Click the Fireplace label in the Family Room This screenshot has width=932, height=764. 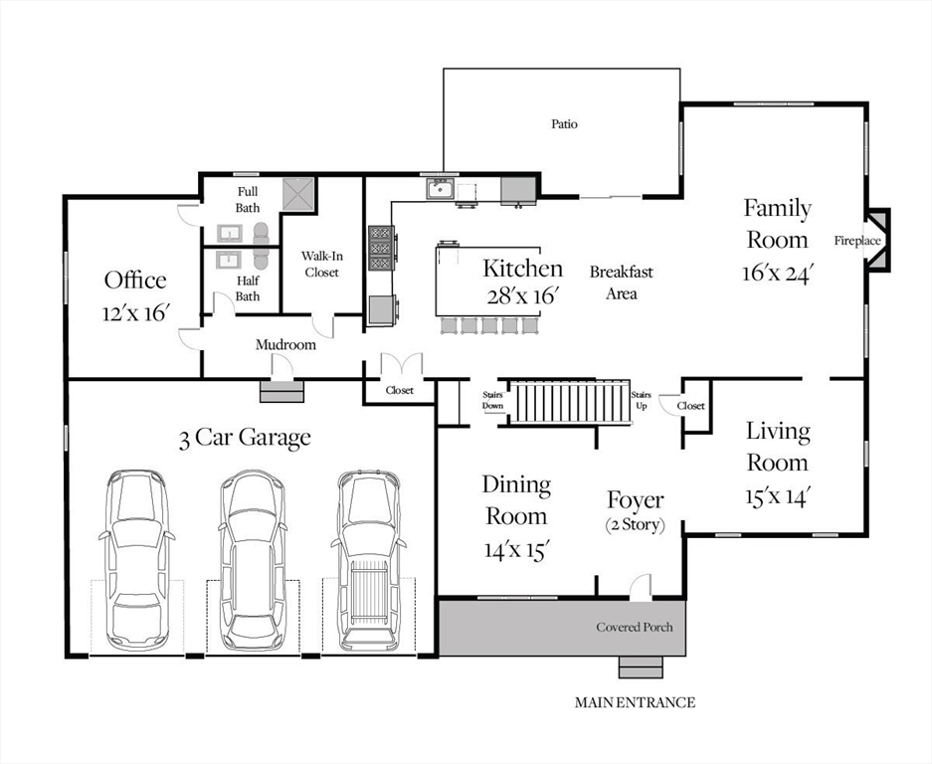[857, 241]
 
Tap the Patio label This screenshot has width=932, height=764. [564, 124]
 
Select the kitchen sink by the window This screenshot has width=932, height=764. [440, 189]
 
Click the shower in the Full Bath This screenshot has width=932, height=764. [298, 194]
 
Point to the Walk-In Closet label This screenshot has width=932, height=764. [321, 264]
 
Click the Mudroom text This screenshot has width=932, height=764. [285, 345]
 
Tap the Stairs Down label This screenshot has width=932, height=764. [492, 400]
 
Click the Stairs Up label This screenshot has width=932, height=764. [641, 400]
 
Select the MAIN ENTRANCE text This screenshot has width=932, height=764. [635, 702]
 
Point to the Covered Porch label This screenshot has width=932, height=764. [635, 628]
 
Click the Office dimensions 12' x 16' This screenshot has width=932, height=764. [136, 312]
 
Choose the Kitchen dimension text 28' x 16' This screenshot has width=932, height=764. [523, 295]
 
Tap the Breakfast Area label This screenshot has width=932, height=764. [621, 283]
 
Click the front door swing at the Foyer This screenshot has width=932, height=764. [641, 586]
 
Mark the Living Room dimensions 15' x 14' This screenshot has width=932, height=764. [778, 496]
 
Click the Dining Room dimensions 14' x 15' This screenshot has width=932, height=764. [516, 550]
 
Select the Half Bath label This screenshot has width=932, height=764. [248, 288]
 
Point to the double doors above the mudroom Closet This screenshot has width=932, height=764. [401, 364]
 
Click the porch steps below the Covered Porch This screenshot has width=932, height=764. [641, 668]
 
